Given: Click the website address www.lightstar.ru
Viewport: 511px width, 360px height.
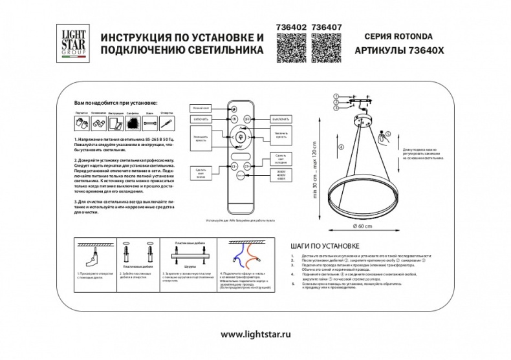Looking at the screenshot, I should (255, 335).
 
